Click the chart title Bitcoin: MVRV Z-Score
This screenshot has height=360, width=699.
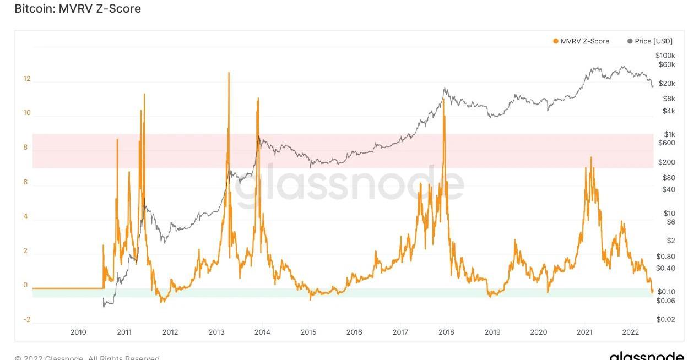click(77, 9)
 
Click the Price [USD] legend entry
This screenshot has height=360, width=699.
click(649, 41)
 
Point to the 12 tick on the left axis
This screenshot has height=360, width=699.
click(26, 79)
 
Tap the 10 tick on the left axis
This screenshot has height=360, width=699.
click(26, 113)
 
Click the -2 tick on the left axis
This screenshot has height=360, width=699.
click(26, 320)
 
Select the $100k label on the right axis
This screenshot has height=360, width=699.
click(665, 56)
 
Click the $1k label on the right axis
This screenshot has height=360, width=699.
click(669, 134)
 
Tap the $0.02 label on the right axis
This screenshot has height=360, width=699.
click(665, 320)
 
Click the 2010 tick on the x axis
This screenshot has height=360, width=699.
click(78, 332)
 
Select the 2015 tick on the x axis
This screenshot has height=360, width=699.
click(308, 332)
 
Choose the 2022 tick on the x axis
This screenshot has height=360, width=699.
click(630, 332)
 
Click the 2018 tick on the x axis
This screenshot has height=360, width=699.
click(446, 332)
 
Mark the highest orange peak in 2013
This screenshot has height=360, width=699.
click(229, 73)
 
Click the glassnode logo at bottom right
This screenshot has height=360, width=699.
click(647, 356)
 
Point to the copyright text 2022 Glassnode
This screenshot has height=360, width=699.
click(87, 357)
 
